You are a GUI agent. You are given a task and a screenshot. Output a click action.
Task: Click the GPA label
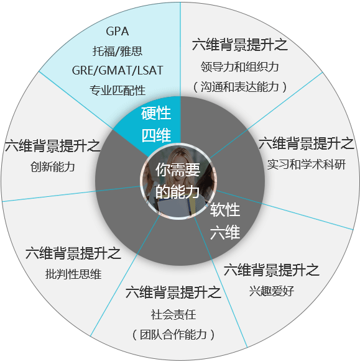[x=118, y=32]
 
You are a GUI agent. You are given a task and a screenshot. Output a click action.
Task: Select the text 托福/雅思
[x=118, y=51]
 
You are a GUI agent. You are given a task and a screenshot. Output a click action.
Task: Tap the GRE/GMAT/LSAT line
[x=118, y=70]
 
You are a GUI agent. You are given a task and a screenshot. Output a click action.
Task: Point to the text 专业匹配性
[x=118, y=90]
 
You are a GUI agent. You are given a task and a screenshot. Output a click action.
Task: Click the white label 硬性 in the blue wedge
[x=156, y=113]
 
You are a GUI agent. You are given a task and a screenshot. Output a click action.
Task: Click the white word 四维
[x=156, y=135]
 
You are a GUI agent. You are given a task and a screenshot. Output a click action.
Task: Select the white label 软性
[x=224, y=210]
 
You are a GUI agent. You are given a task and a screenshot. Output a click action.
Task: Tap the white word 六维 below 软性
[x=224, y=232]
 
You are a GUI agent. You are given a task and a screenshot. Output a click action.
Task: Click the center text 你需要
[x=178, y=170]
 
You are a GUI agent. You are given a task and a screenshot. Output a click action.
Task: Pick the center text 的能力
[x=177, y=192]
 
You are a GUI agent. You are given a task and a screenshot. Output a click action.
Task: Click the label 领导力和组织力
[x=239, y=66]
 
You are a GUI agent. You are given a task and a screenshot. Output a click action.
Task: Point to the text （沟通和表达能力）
[x=239, y=87]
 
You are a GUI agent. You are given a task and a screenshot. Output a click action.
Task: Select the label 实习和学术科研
[x=306, y=165]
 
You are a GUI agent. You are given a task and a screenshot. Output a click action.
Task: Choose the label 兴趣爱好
[x=272, y=291]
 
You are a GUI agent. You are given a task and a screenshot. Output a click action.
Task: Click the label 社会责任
[x=173, y=314]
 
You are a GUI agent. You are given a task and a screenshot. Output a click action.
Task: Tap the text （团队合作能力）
[x=173, y=335]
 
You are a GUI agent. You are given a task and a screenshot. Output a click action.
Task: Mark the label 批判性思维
[x=73, y=274]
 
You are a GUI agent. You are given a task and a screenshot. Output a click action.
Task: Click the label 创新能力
[x=53, y=166]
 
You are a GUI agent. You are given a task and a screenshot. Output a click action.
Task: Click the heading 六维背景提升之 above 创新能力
[x=53, y=146]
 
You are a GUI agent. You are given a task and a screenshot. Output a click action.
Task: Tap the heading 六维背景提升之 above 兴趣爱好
[x=272, y=269]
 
